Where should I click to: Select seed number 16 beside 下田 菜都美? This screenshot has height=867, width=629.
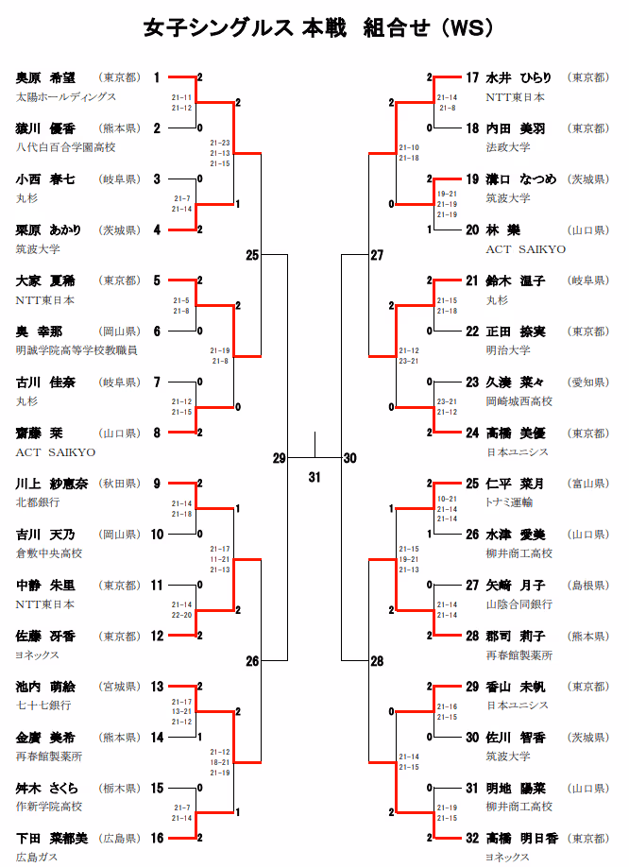coord(157,838)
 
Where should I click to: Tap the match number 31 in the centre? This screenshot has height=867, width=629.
coord(314,477)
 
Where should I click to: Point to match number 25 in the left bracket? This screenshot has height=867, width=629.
coord(252,255)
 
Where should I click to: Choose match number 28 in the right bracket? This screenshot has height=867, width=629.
coord(377,661)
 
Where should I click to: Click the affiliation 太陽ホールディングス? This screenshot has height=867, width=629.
coord(66,96)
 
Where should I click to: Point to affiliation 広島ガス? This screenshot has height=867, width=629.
coord(37,857)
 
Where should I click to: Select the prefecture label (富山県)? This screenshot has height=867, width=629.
coord(587,484)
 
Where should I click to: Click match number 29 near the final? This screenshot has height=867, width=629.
coord(279,458)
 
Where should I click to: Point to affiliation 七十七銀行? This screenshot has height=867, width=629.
coord(43,705)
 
